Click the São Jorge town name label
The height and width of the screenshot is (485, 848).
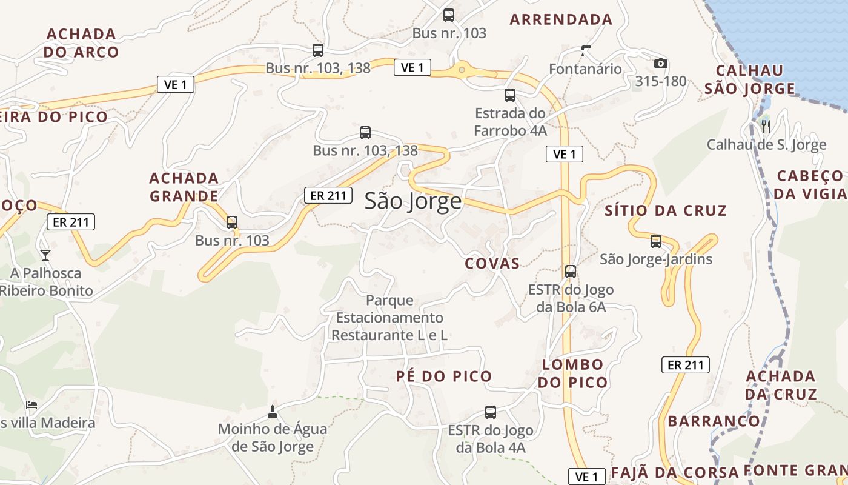click(x=412, y=201)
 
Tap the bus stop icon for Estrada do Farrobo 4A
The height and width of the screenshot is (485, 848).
click(x=510, y=95)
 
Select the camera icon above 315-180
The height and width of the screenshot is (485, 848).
click(x=660, y=63)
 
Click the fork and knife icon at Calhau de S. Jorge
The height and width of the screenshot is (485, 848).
click(x=766, y=126)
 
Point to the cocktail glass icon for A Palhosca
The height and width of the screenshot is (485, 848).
click(x=45, y=255)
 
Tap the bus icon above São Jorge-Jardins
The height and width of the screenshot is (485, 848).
click(x=655, y=241)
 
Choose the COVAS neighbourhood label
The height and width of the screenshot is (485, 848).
click(x=492, y=263)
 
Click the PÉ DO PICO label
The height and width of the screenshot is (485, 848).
click(x=444, y=376)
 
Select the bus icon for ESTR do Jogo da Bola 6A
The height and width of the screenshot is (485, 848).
click(x=570, y=272)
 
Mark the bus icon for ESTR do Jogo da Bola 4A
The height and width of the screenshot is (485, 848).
click(x=491, y=412)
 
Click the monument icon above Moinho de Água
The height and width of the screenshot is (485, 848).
click(x=272, y=412)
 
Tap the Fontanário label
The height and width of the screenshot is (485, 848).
click(x=585, y=69)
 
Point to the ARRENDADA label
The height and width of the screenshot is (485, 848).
click(x=561, y=19)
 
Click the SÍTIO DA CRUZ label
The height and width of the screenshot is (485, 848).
click(x=666, y=210)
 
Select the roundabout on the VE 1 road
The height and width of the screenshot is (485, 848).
click(x=462, y=70)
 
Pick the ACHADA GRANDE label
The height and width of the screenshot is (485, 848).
click(x=184, y=187)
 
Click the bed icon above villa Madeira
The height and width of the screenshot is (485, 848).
click(x=32, y=404)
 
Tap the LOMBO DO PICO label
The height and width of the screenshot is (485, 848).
click(x=572, y=373)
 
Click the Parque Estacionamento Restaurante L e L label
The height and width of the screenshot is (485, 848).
click(x=389, y=317)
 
